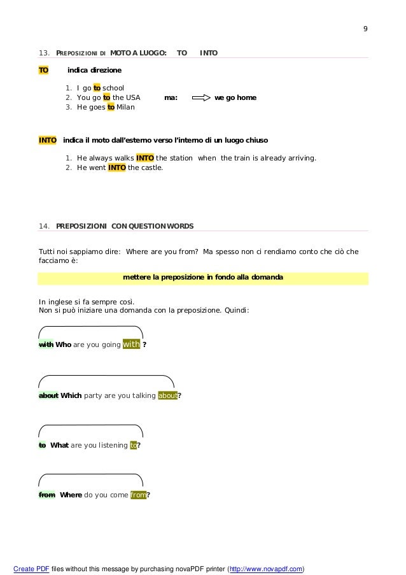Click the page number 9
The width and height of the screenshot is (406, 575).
[x=365, y=29]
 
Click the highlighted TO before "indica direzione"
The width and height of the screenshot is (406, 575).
[x=44, y=69]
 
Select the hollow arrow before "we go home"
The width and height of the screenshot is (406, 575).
[x=200, y=98]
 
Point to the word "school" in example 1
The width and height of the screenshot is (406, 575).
[x=113, y=88]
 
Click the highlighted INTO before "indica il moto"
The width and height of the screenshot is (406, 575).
[x=48, y=139]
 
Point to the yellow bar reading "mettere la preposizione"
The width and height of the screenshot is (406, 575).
[x=203, y=278]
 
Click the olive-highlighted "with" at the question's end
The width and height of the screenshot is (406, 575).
[x=131, y=344]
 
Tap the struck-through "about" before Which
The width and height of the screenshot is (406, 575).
[x=48, y=395]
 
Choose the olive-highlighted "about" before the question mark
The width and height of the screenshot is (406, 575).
[x=168, y=395]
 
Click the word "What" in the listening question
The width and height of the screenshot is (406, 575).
[x=59, y=445]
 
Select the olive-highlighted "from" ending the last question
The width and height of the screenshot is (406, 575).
[x=138, y=495]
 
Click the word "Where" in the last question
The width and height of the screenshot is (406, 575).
[x=71, y=495]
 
